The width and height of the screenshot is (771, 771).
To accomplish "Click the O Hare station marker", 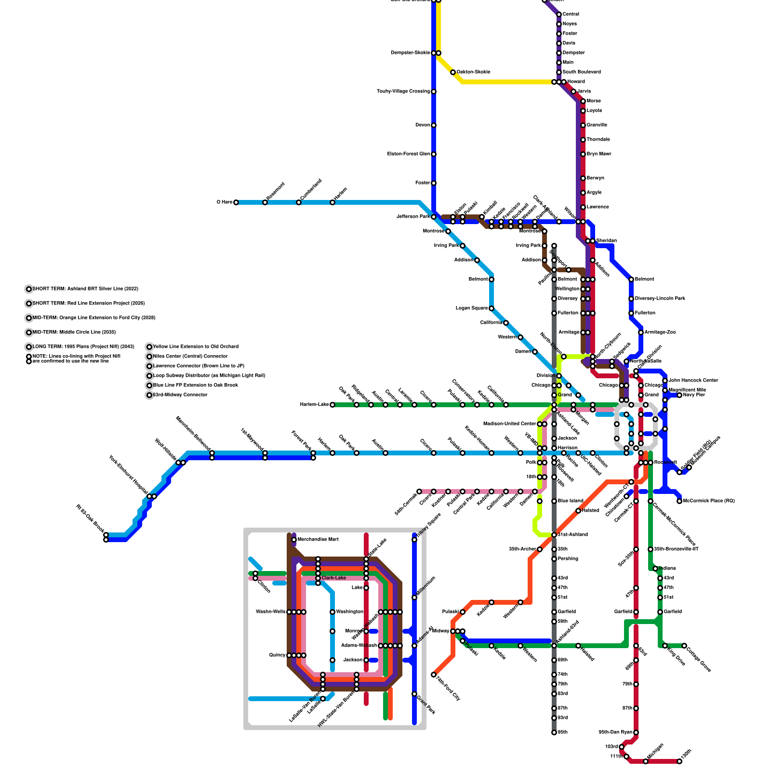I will [x=236, y=202].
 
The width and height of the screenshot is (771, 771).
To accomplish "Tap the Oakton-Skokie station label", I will [x=473, y=72].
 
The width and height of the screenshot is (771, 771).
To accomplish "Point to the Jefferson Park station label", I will [x=412, y=217].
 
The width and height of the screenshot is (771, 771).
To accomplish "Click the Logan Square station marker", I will [x=492, y=308].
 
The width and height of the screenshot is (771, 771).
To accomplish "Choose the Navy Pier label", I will [x=694, y=395].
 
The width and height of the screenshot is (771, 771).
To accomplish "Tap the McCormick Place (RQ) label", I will [x=708, y=501].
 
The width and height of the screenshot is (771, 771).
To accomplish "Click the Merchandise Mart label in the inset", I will [x=318, y=540].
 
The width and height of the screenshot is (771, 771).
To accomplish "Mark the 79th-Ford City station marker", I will [x=434, y=675].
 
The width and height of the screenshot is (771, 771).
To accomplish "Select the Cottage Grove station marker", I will [x=684, y=646].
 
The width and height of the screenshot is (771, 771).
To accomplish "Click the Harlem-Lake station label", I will [x=314, y=405].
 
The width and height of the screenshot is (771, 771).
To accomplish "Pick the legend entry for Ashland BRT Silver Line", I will [x=85, y=289].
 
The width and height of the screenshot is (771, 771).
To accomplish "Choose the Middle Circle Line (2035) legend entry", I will [x=74, y=332].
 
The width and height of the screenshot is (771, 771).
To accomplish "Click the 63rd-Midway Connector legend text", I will [x=180, y=395].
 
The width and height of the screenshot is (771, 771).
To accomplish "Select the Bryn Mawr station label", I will [x=598, y=154].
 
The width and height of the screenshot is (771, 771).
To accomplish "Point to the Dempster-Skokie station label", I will [x=410, y=53].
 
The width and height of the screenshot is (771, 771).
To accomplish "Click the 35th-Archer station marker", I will [x=540, y=549].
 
